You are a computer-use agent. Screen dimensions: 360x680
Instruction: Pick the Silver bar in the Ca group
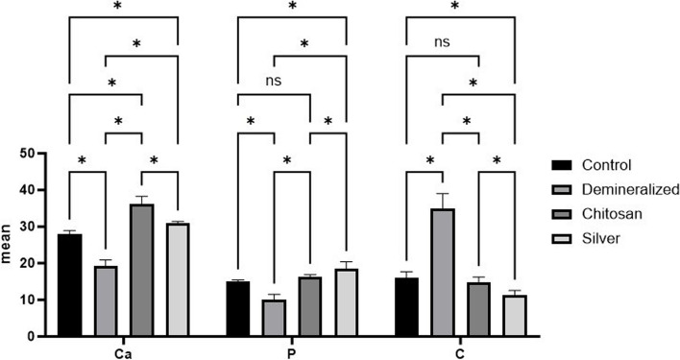point(178,279)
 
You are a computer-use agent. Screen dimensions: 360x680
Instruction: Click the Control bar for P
point(236,308)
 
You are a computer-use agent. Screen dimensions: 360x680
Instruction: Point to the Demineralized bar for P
point(274,318)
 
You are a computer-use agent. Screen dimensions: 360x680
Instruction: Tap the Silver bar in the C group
point(515,316)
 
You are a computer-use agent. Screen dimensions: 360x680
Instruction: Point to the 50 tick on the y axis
point(36,154)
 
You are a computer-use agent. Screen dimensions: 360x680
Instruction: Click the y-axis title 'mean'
point(12,245)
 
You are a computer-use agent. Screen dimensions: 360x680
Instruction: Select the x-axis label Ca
point(123,352)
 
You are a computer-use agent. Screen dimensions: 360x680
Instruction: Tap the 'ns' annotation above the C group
point(442,42)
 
